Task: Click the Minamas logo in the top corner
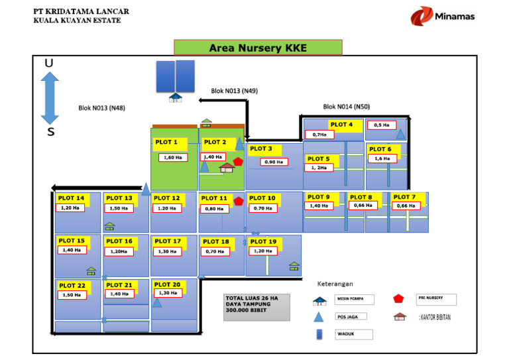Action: pyautogui.click(x=442, y=17)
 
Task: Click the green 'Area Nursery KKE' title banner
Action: pyautogui.click(x=258, y=48)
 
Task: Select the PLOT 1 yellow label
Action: pyautogui.click(x=166, y=142)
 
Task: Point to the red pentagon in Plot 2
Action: pyautogui.click(x=238, y=161)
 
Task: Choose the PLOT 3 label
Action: pyautogui.click(x=261, y=149)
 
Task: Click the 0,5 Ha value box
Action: pyautogui.click(x=382, y=125)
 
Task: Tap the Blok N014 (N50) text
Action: pyautogui.click(x=347, y=106)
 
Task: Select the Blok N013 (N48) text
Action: pyautogui.click(x=101, y=108)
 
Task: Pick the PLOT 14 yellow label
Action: pyautogui.click(x=71, y=198)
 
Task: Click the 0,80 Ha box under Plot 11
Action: pyautogui.click(x=214, y=208)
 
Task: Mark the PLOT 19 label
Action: pyautogui.click(x=264, y=241)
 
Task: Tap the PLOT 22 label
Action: pyautogui.click(x=72, y=286)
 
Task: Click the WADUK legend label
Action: pyautogui.click(x=354, y=334)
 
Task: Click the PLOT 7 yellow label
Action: pyautogui.click(x=405, y=197)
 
